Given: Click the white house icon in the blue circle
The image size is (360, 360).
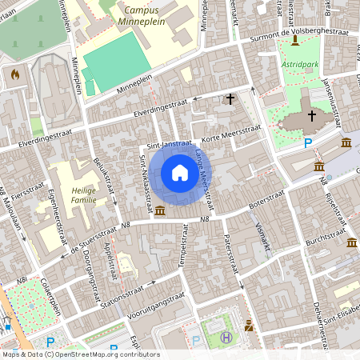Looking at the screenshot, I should [x=180, y=173].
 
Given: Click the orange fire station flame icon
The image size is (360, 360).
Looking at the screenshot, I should [x=14, y=74].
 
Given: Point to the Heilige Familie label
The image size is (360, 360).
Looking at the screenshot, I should [x=80, y=194].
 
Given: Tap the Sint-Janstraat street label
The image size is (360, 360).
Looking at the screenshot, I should [x=170, y=145].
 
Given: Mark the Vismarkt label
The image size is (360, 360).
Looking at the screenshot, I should [x=261, y=232].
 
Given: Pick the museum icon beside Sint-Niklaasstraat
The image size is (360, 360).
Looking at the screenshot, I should [x=160, y=210].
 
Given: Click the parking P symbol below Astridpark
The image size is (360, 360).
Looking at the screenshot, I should [x=308, y=143].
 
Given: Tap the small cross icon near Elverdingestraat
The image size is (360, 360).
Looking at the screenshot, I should [x=230, y=99].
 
